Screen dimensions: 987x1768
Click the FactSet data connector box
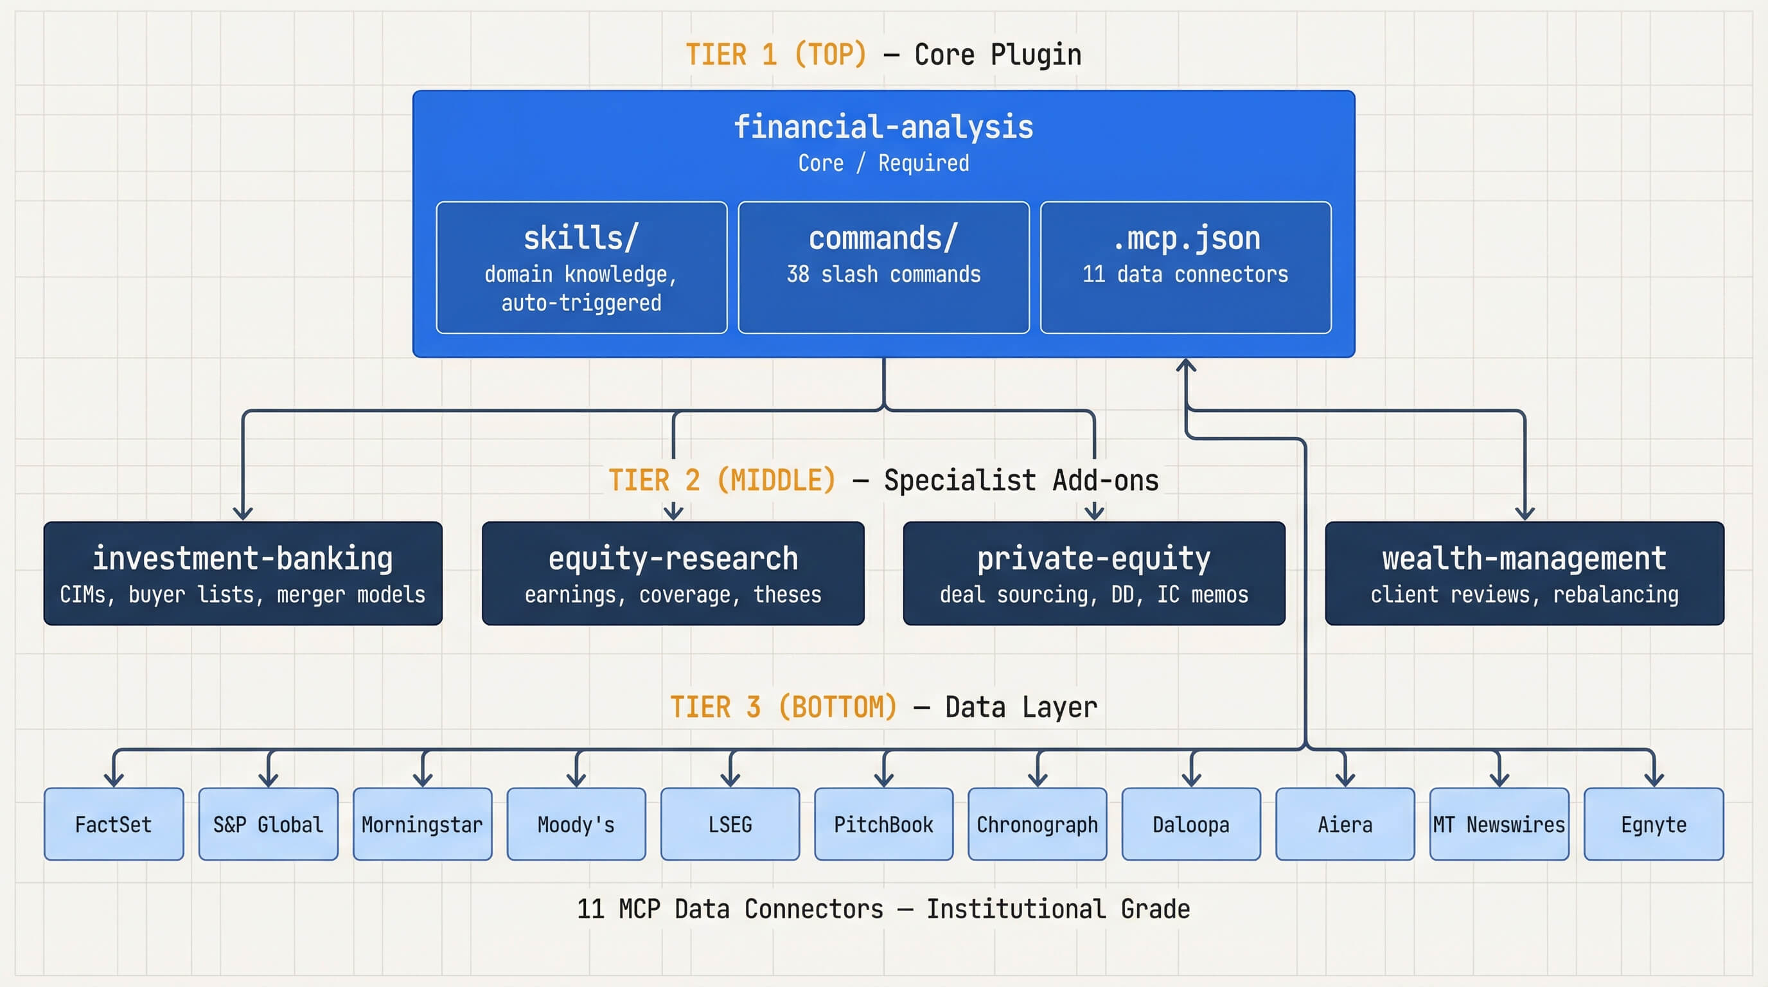(x=114, y=824)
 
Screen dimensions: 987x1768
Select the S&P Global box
(x=269, y=824)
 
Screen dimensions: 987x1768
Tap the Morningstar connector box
(x=422, y=824)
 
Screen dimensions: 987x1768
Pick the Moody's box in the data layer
(x=576, y=824)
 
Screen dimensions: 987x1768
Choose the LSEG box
(x=730, y=824)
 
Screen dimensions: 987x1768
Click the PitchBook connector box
(x=883, y=824)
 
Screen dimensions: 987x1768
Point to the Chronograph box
(x=1037, y=824)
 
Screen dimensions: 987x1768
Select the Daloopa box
(x=1191, y=824)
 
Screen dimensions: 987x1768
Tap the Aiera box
(x=1345, y=824)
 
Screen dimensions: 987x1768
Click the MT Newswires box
(x=1499, y=824)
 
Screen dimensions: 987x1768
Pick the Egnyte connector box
(x=1654, y=824)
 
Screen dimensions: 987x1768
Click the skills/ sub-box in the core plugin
(x=581, y=268)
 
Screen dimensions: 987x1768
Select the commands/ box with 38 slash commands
(x=883, y=268)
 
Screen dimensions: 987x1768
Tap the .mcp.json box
(x=1185, y=268)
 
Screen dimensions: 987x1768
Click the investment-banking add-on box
(x=243, y=573)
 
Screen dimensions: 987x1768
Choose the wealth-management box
(x=1525, y=573)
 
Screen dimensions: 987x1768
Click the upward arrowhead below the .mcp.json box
(x=1186, y=365)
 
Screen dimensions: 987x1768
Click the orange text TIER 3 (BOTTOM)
(x=783, y=707)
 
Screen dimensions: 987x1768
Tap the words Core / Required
(x=883, y=163)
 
